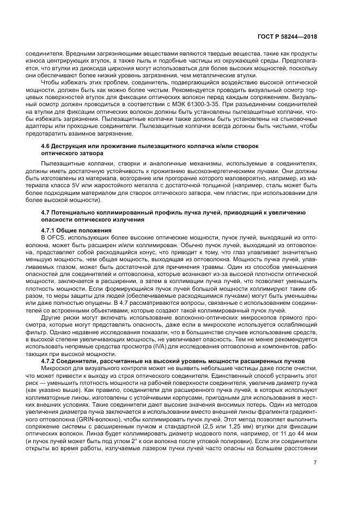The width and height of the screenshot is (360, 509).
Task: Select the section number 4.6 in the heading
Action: [x=47, y=147]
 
